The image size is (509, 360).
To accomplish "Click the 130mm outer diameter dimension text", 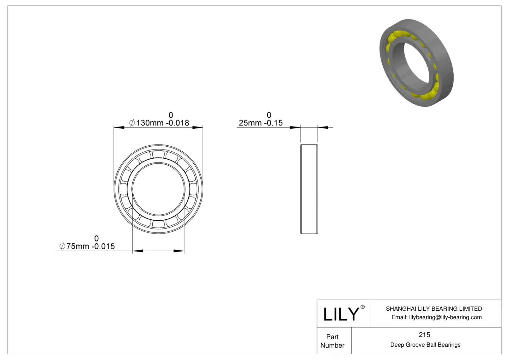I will tap(150, 123).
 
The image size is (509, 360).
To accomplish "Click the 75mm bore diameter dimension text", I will tap(78, 246).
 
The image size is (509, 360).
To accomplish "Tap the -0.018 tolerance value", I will tap(178, 123).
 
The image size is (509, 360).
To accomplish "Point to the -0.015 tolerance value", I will tap(103, 246).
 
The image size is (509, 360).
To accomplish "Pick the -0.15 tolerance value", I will tap(272, 123).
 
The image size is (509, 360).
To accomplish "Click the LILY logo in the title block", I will tap(341, 314).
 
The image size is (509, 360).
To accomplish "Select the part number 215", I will tap(424, 335).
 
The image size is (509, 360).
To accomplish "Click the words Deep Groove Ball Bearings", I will tap(425, 345).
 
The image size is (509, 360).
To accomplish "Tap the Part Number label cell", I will tap(332, 341).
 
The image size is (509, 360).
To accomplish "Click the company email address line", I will tap(436, 317).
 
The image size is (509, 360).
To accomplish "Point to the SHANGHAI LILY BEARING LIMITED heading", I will tap(434, 308).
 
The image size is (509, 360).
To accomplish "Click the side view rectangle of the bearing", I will tap(309, 189).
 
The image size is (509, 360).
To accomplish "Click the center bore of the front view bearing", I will tap(158, 189).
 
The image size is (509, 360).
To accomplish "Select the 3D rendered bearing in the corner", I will tap(417, 63).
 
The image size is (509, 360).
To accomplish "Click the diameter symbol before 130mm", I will tap(132, 123).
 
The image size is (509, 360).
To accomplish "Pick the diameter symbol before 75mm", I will tap(62, 246).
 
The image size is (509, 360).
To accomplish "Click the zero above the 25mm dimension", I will tap(269, 115).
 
